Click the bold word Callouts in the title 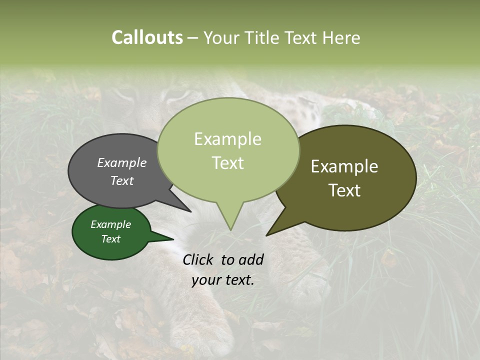[x=147, y=37]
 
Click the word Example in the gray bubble [x=122, y=162]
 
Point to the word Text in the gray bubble [x=122, y=180]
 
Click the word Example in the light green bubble [x=227, y=139]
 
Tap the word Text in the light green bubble [x=227, y=162]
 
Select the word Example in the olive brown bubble [x=344, y=166]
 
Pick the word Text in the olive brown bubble [x=344, y=190]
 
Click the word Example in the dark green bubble [x=110, y=224]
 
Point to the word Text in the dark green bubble [x=110, y=239]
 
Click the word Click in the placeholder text [x=198, y=259]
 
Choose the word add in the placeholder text [x=251, y=259]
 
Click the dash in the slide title [x=193, y=37]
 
